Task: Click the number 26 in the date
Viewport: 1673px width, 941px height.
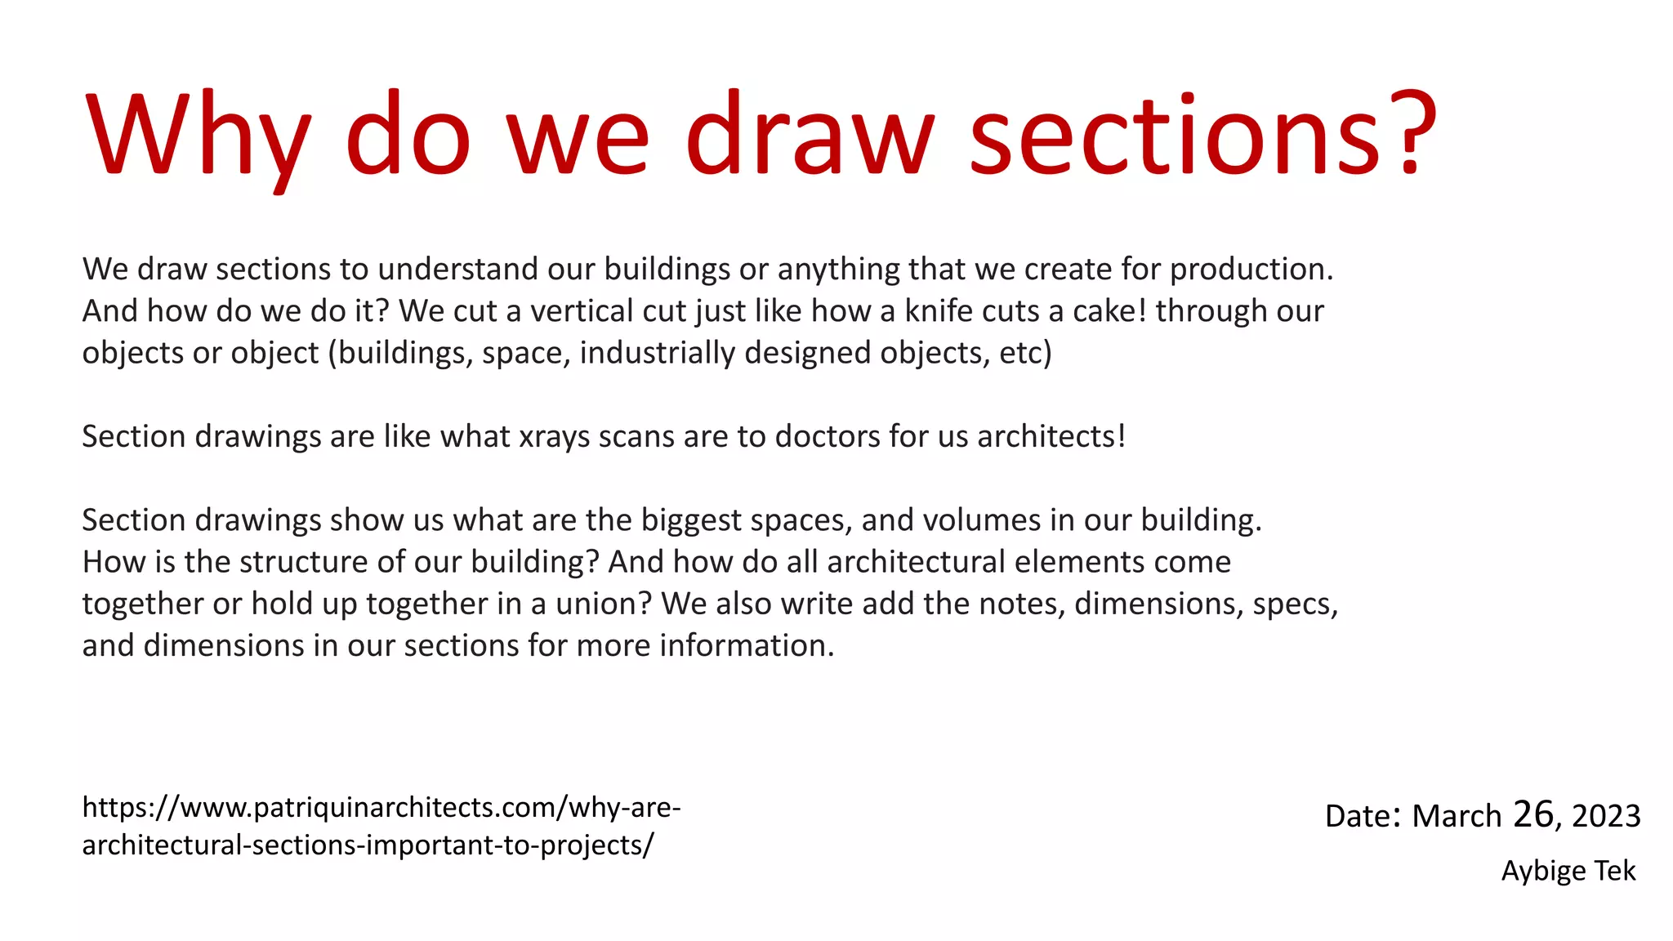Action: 1532,814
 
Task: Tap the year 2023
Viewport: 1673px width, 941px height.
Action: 1606,816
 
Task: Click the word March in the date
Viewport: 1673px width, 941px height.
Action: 1457,816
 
